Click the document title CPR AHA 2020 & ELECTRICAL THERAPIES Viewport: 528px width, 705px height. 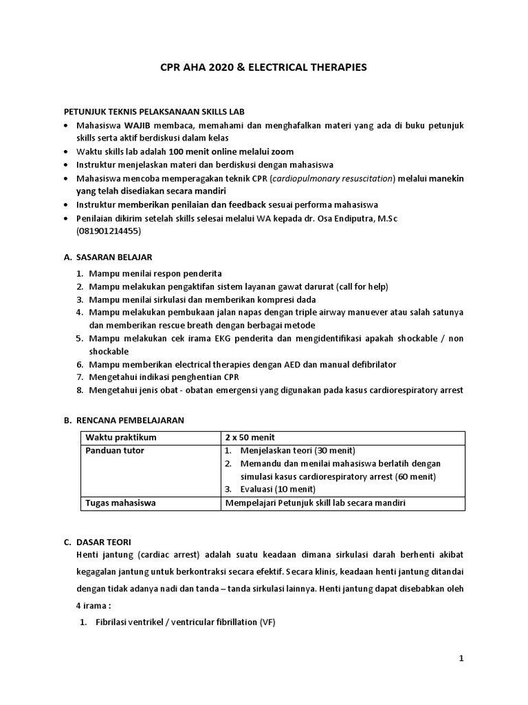coord(263,67)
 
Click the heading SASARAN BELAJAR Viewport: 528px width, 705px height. coord(111,257)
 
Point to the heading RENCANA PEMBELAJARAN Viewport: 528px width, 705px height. coord(130,419)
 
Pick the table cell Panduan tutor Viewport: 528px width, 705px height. coord(114,451)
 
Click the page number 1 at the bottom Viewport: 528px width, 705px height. coord(462,659)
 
